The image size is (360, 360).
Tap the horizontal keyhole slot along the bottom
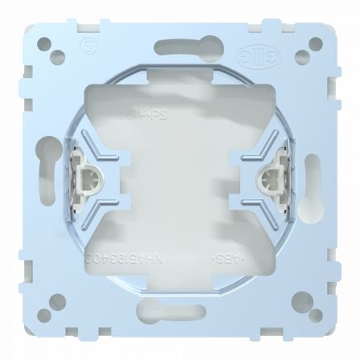click(180, 308)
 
